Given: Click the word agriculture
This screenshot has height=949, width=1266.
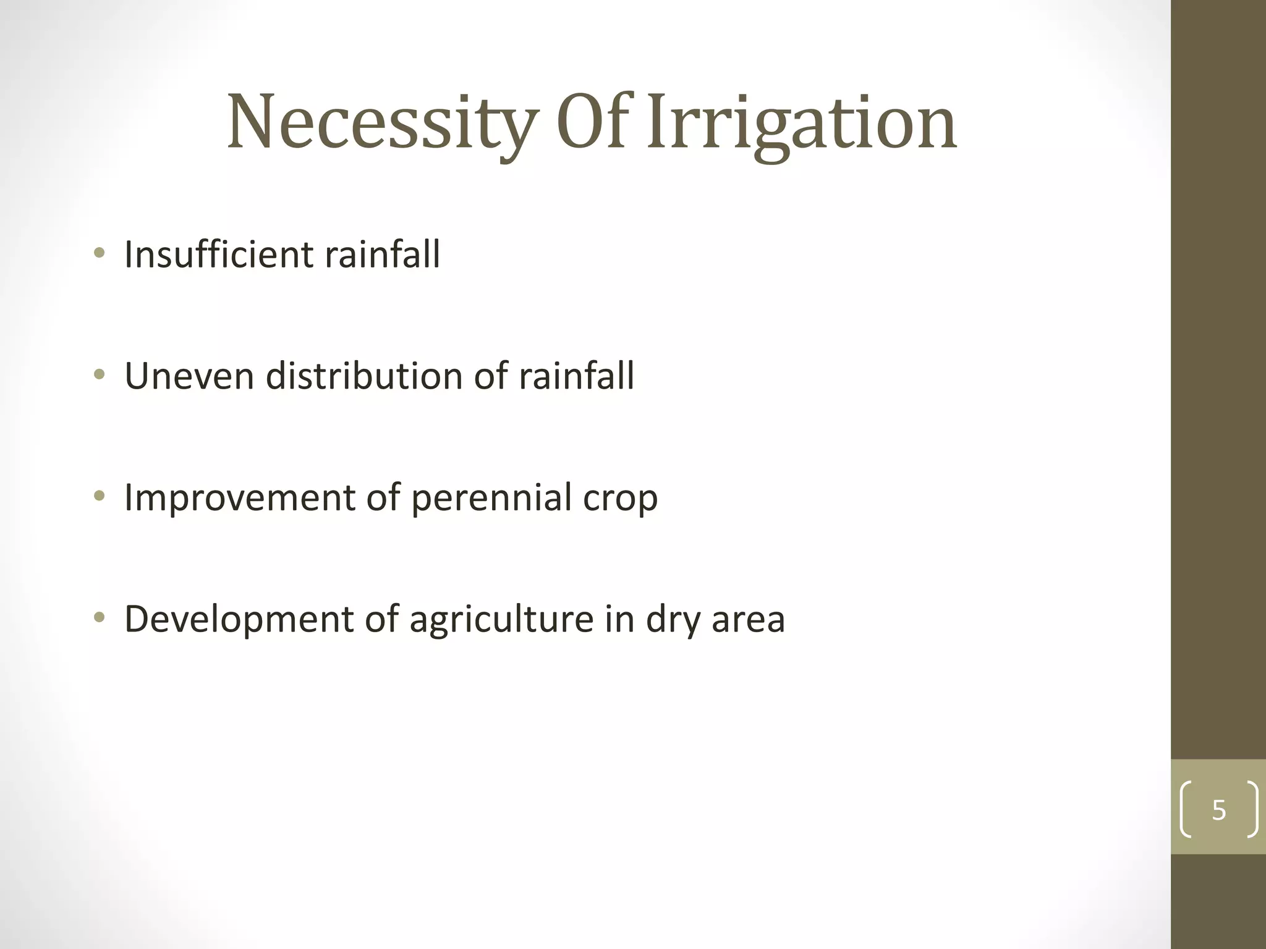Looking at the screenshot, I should pos(501,619).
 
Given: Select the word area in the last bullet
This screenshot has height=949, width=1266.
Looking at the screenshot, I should pos(748,620).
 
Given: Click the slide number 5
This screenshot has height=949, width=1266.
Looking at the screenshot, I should pos(1218,810).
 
